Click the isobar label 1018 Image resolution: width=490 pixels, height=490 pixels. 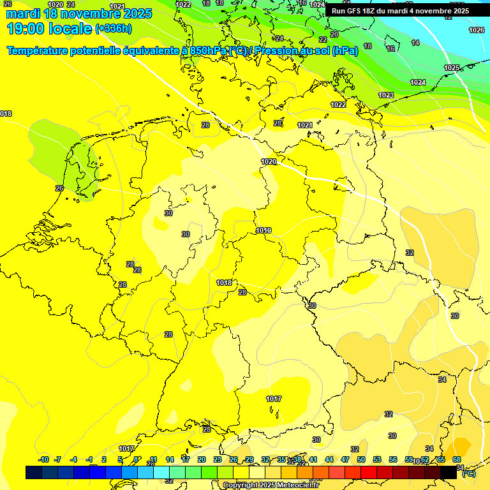coord(224,283)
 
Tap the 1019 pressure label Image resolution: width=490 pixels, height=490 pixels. coord(264,230)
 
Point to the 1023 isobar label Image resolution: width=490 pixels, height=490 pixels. coord(386,95)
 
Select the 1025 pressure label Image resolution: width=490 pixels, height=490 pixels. coord(452,68)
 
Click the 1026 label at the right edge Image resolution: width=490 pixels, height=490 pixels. coord(477,30)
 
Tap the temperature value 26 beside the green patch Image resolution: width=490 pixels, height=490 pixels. coord(59,188)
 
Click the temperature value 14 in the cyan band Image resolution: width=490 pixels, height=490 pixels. coord(415,43)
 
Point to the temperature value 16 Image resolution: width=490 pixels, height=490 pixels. coord(390,48)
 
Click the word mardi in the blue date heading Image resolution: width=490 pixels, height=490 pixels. coord(22,13)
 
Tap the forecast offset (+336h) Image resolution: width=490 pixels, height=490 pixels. coord(114,29)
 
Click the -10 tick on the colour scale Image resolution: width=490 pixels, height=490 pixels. coord(43,459)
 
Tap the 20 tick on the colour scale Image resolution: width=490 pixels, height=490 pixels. coord(201,459)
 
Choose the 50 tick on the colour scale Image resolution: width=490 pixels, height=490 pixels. coord(361,459)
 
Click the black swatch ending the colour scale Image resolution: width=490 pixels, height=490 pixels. coord(449,472)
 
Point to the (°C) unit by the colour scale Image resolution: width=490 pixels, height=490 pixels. coord(468,473)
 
